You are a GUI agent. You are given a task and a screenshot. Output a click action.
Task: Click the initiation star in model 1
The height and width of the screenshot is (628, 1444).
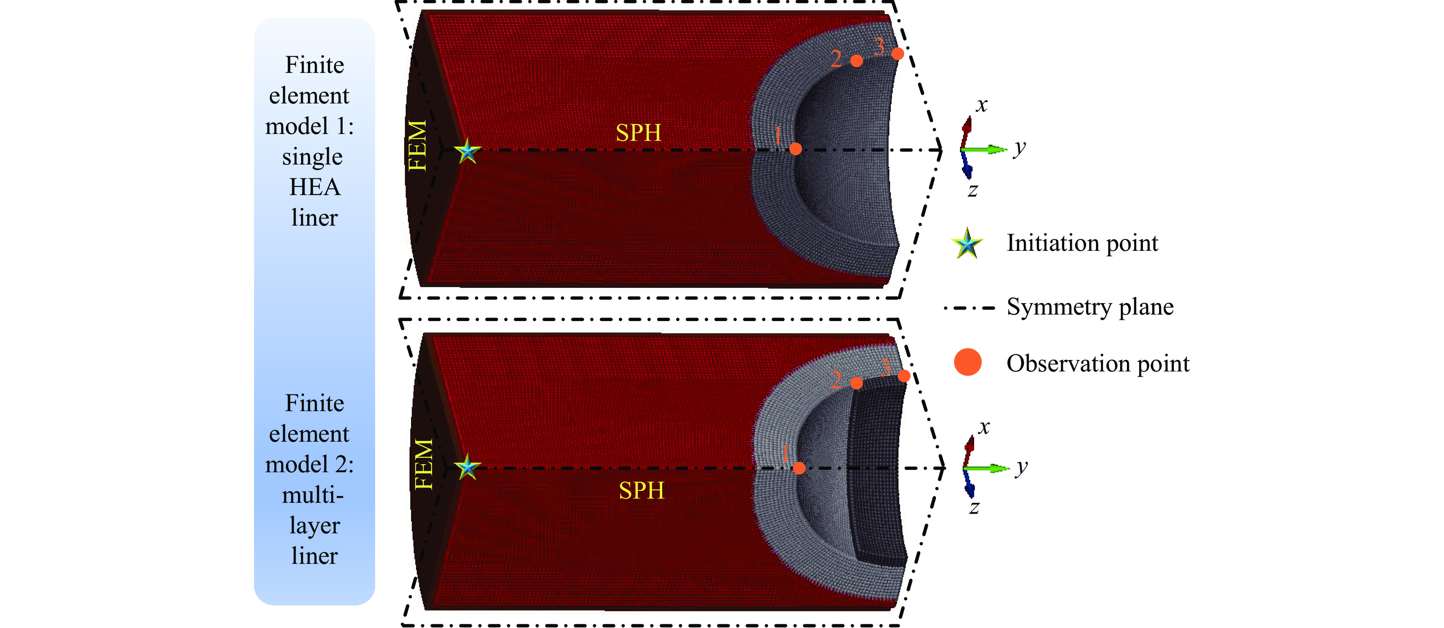467,151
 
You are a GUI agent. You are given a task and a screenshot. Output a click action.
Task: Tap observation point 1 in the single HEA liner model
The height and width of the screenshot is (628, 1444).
795,149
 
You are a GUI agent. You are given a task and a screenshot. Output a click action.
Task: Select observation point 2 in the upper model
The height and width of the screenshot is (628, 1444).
856,60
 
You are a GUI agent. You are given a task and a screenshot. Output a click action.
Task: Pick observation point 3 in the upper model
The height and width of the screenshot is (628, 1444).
897,54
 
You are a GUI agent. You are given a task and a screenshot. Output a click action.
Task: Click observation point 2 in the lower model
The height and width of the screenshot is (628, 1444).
856,383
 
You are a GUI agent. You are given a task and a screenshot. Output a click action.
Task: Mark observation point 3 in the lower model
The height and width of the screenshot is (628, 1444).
903,376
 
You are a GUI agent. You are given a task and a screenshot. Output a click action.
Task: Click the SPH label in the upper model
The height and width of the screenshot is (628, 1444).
638,133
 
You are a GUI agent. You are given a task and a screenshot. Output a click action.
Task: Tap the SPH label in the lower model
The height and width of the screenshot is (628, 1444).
641,491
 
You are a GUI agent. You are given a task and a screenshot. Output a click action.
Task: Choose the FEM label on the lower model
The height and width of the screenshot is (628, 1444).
424,465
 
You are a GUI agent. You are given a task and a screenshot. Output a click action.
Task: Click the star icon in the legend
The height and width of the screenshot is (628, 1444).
967,244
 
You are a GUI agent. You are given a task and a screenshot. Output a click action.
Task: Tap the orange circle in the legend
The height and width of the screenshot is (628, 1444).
968,362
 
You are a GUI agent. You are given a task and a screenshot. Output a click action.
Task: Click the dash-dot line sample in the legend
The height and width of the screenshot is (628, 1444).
969,308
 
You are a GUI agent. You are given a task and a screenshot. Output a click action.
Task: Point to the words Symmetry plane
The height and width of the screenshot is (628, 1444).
1090,307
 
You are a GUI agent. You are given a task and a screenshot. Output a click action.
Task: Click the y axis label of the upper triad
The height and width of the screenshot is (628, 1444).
1020,149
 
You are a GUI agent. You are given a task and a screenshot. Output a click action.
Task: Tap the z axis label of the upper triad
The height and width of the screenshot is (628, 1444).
973,190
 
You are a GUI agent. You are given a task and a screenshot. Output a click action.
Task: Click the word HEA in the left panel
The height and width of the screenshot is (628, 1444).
314,187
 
